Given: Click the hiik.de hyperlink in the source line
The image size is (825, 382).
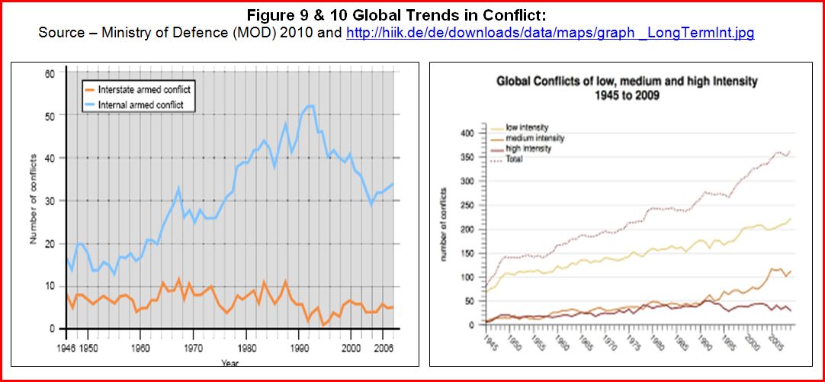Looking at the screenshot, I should pos(550,34).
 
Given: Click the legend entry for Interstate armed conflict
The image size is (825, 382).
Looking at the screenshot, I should pos(144,90).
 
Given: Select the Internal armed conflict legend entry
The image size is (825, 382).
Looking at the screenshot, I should pos(140,104).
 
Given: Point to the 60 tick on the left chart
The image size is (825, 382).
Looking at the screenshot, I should pos(51,73).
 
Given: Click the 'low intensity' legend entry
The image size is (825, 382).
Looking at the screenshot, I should pos(527,127).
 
